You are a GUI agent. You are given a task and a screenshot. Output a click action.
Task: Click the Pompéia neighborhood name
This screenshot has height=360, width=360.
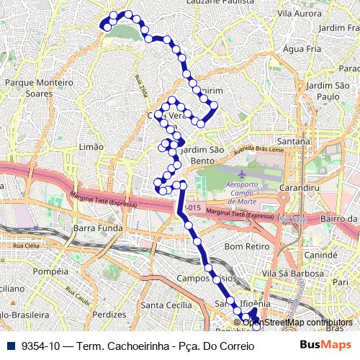(50, 271)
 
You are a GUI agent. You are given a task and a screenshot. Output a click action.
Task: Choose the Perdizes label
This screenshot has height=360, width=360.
(109, 315)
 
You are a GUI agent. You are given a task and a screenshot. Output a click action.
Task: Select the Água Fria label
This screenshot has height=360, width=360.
(302, 49)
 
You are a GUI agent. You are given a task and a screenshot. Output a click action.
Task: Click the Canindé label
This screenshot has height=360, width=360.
(321, 255)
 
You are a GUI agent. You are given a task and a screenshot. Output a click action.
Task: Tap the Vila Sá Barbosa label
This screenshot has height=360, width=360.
(294, 274)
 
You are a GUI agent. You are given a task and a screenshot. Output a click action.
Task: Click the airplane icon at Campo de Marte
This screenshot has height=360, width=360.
(240, 175)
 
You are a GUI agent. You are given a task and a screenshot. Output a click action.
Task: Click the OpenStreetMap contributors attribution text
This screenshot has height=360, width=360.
(297, 322)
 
